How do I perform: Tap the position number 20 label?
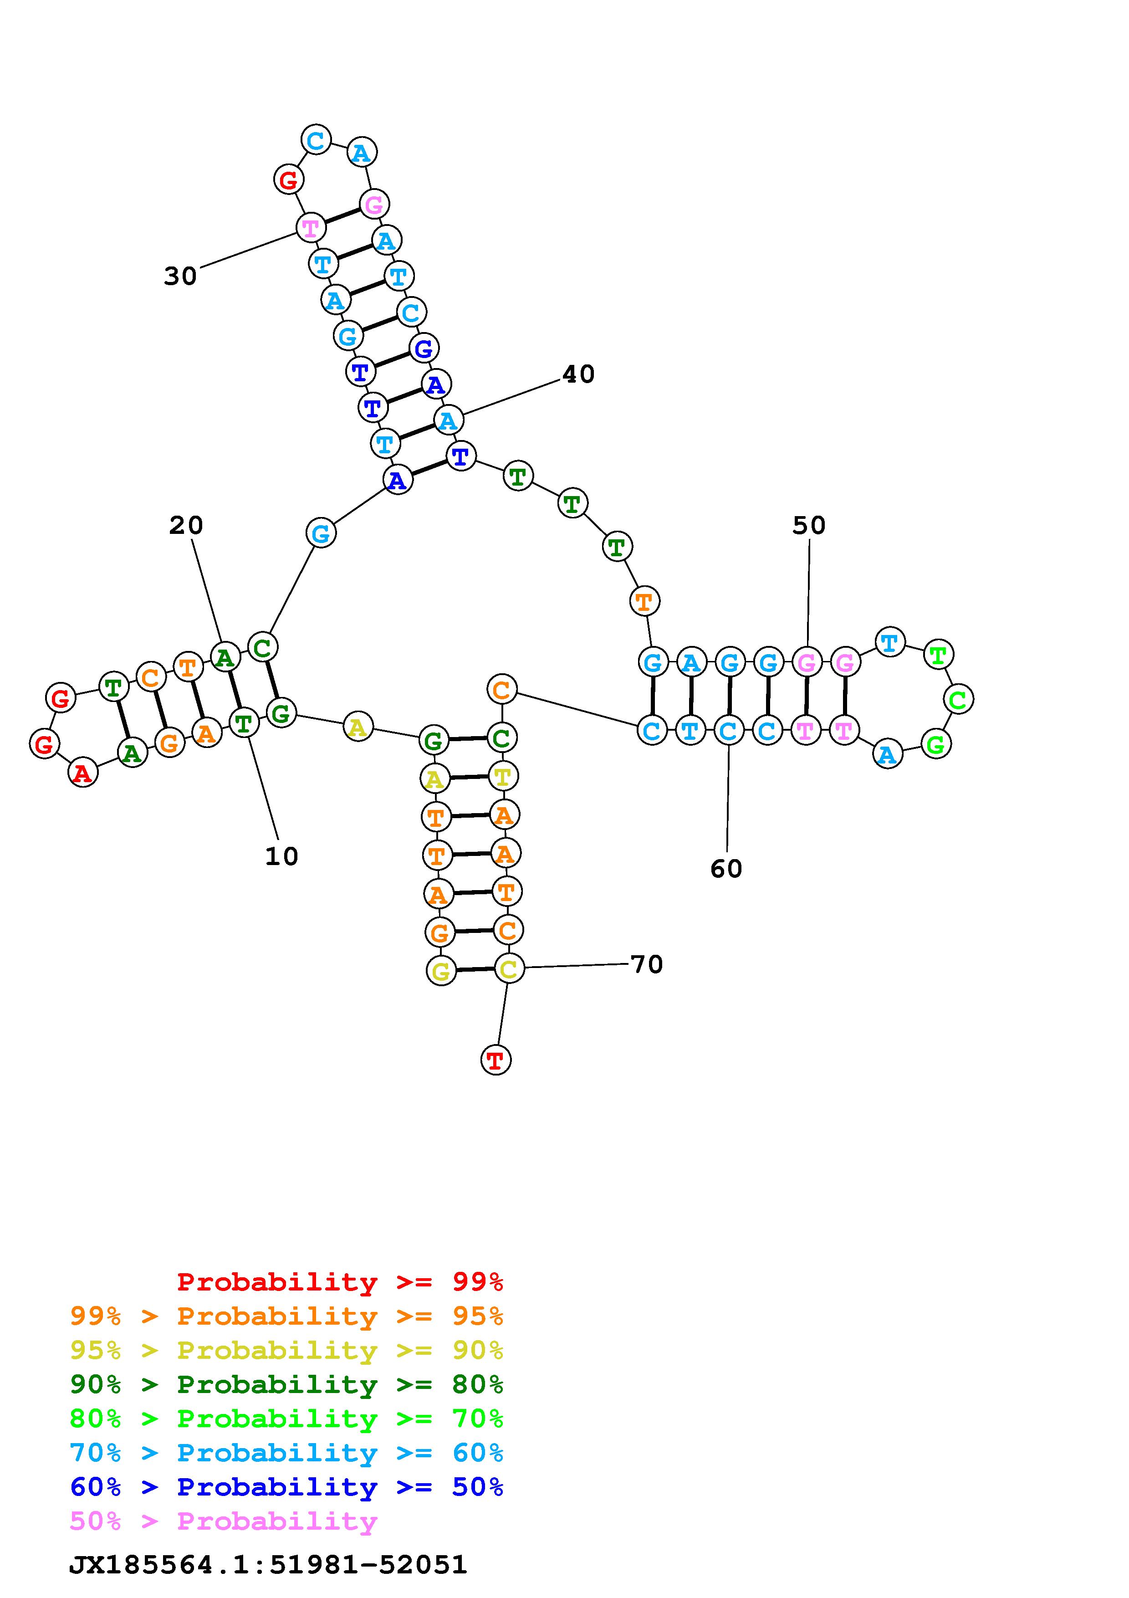click(x=186, y=526)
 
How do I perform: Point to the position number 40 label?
click(x=578, y=374)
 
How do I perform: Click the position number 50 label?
click(x=808, y=526)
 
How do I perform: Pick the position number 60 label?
click(x=725, y=869)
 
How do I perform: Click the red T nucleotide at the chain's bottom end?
click(x=496, y=1060)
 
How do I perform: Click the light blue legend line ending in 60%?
click(x=286, y=1453)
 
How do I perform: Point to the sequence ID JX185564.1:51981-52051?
click(x=268, y=1565)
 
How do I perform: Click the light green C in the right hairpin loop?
click(x=958, y=699)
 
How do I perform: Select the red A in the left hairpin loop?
click(x=83, y=773)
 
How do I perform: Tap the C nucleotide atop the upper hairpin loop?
click(x=316, y=140)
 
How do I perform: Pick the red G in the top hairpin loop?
click(x=288, y=179)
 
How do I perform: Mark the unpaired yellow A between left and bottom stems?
click(x=357, y=727)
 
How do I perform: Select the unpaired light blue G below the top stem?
click(x=320, y=534)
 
